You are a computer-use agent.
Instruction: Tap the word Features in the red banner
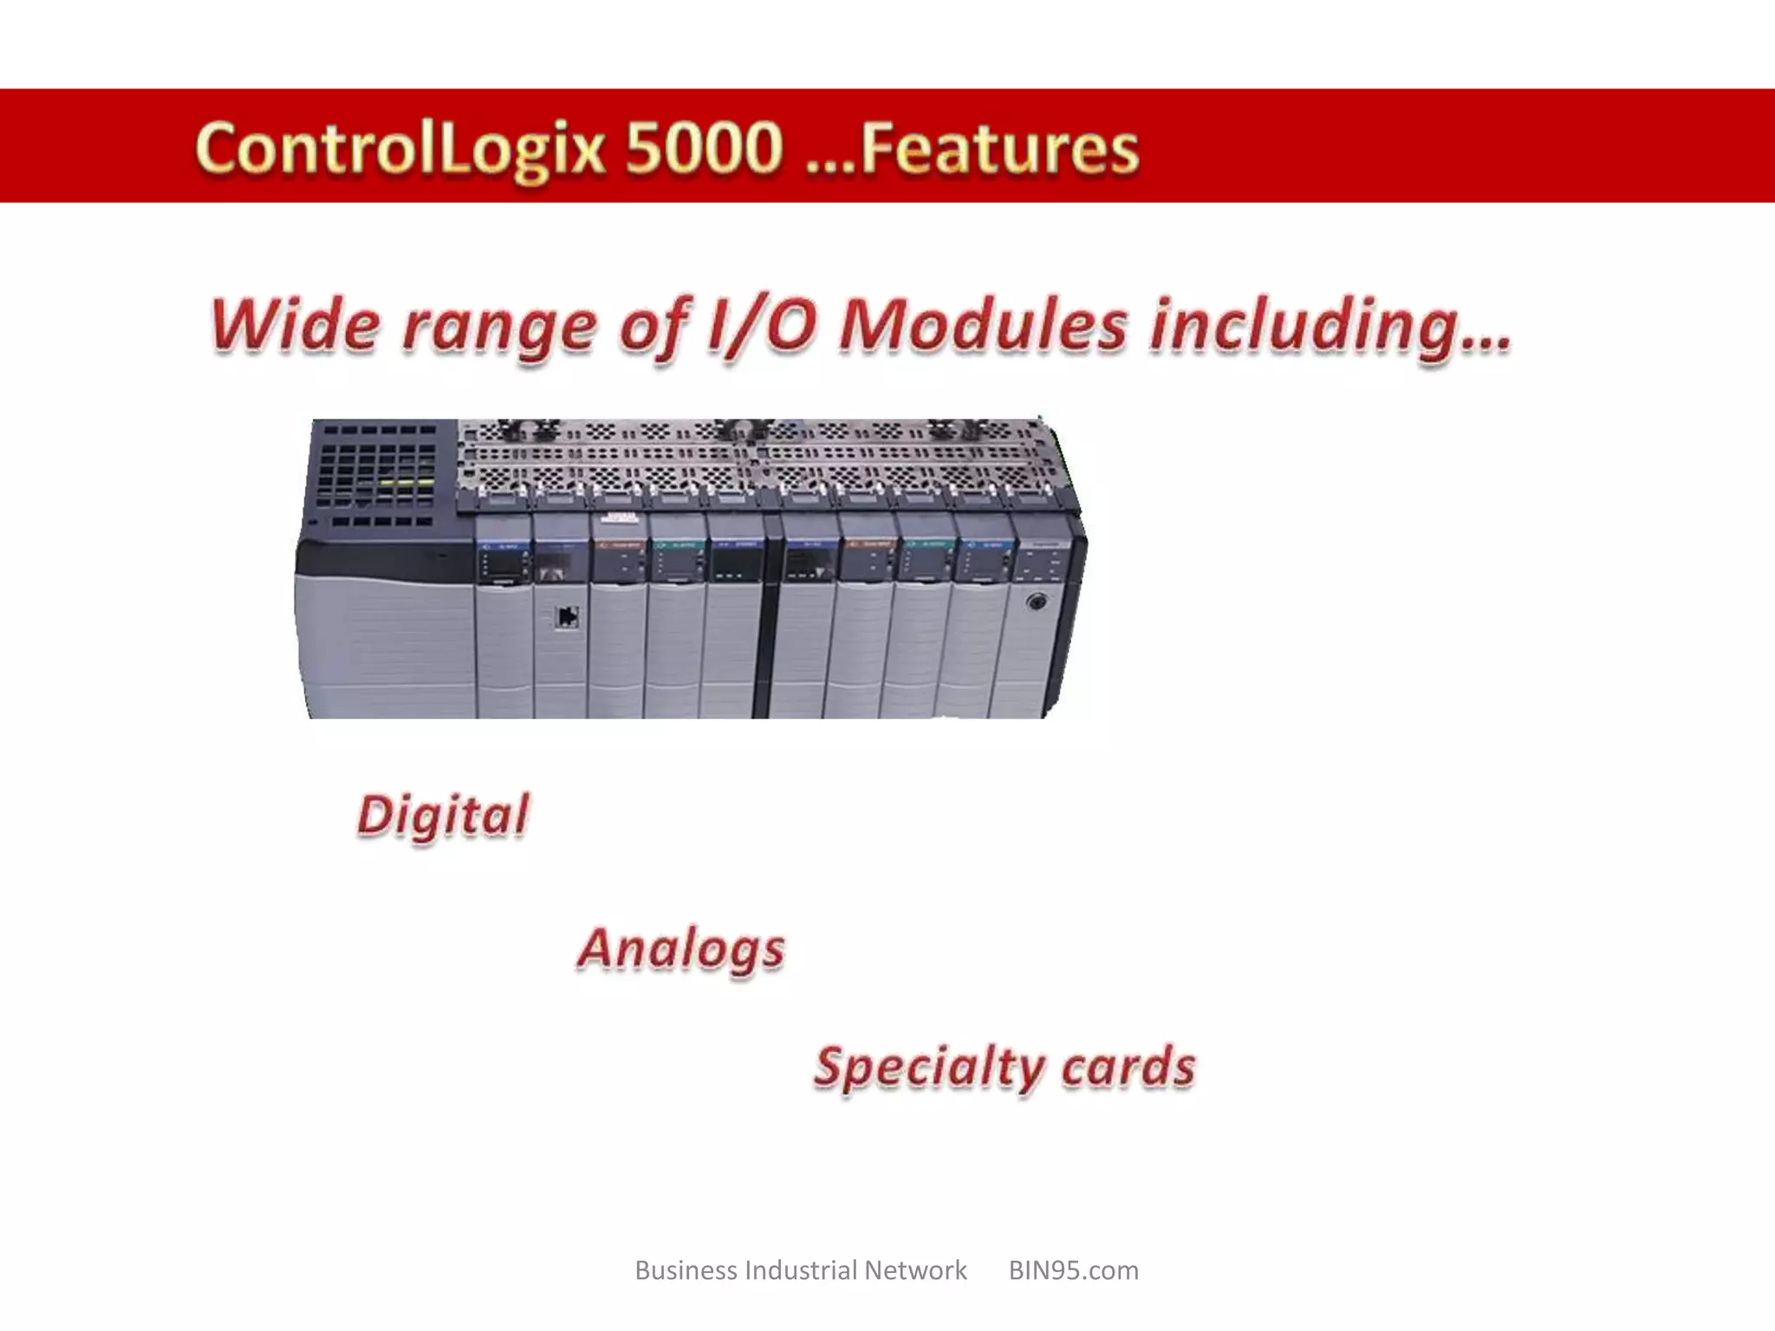point(998,149)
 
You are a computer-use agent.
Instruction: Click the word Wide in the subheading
point(295,325)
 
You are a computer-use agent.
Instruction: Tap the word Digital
point(443,816)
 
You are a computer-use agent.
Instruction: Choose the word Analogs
point(681,949)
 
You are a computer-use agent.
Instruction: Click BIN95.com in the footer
point(1073,1270)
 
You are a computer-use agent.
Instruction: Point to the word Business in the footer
point(686,1270)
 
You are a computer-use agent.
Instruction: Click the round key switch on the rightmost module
point(1035,601)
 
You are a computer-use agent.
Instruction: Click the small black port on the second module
point(567,616)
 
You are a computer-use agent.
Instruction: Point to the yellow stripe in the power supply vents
point(404,483)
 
